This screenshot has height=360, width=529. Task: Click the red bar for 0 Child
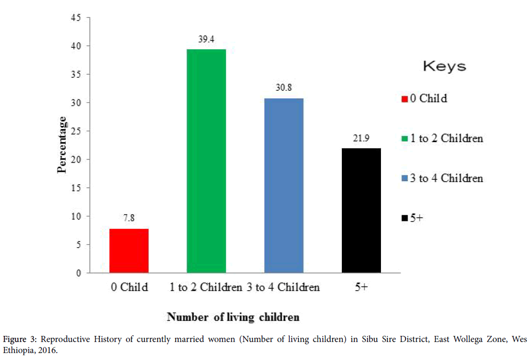[129, 251]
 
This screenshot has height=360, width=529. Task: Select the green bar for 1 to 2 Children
[206, 161]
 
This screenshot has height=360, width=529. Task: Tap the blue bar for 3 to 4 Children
[284, 186]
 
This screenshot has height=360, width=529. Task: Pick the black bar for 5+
[361, 211]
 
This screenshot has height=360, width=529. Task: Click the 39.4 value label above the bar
[206, 38]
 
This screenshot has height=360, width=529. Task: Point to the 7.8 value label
[129, 218]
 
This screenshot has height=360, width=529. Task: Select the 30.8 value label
[284, 87]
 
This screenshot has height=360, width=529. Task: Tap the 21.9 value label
[361, 138]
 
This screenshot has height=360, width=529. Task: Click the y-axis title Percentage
[62, 145]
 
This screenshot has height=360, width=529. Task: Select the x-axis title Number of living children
[233, 317]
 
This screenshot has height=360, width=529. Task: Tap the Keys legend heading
[444, 66]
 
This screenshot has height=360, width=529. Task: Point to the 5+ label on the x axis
[361, 288]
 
